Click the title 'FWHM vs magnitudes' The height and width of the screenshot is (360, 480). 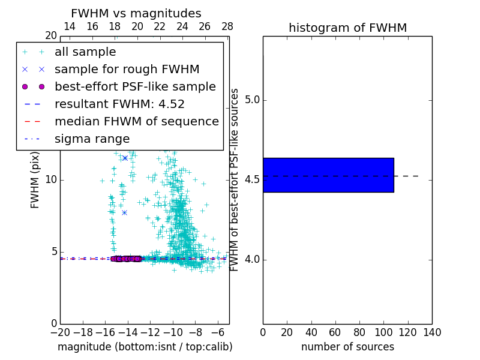click(136, 14)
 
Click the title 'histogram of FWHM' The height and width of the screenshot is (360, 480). click(347, 28)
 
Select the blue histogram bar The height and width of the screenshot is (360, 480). click(328, 175)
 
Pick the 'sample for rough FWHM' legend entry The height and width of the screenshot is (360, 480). click(127, 69)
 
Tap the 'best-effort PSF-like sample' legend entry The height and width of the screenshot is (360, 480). click(135, 86)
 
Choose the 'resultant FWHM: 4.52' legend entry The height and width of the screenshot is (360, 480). click(119, 104)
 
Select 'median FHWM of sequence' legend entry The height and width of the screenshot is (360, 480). click(136, 121)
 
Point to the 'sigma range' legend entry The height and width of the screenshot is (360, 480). click(92, 139)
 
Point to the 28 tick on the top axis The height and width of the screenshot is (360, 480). click(227, 26)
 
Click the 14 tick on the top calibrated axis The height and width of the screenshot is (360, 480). click(70, 26)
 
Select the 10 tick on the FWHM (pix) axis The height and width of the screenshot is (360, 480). click(50, 180)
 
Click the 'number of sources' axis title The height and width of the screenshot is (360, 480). click(347, 347)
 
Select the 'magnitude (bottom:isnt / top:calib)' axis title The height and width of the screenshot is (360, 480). click(145, 347)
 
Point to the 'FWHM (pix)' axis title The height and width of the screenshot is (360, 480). click(35, 180)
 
